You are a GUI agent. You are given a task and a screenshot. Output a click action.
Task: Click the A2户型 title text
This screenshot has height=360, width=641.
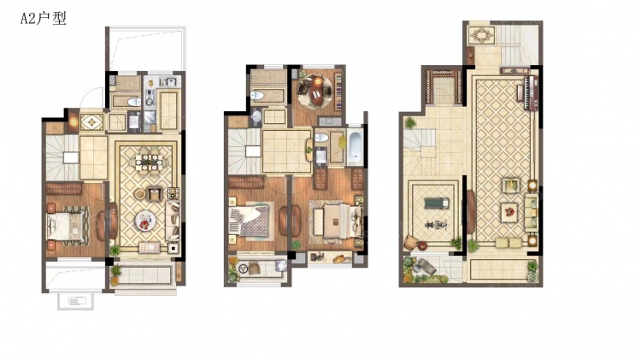click(x=44, y=19)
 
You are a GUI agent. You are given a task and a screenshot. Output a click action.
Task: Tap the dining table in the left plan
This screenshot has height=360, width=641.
click(x=149, y=162)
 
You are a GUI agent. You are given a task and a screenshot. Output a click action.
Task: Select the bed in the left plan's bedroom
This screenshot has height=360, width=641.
click(x=67, y=226)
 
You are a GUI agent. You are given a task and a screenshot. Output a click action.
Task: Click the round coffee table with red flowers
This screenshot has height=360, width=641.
click(x=145, y=221)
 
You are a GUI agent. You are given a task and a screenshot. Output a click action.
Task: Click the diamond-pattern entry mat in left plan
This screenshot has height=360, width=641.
click(x=91, y=122)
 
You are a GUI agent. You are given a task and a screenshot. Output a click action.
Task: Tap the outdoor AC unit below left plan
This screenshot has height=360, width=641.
click(x=76, y=302)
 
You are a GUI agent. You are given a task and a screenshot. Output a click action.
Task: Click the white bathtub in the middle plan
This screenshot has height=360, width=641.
click(x=355, y=146)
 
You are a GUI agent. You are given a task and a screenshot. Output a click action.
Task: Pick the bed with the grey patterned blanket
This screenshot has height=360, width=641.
click(x=250, y=221)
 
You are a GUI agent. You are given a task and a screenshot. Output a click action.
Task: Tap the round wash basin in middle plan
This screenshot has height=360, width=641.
click(x=256, y=116)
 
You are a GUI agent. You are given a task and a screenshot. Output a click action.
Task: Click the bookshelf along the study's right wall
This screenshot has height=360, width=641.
click(x=338, y=91)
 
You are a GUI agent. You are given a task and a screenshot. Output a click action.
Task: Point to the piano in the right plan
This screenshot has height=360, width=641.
click(x=528, y=93)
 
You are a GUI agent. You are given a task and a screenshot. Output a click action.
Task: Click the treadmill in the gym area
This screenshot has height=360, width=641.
click(x=436, y=203)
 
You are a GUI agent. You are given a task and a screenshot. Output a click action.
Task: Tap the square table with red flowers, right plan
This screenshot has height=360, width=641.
click(x=509, y=212)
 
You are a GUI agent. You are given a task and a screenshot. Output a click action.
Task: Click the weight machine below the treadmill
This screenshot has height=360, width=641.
click(x=435, y=225)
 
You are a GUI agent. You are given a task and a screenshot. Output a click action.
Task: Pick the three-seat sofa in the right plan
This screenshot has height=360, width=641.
click(x=531, y=211)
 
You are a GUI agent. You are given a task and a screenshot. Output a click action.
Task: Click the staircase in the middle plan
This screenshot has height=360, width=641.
click(x=244, y=151)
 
